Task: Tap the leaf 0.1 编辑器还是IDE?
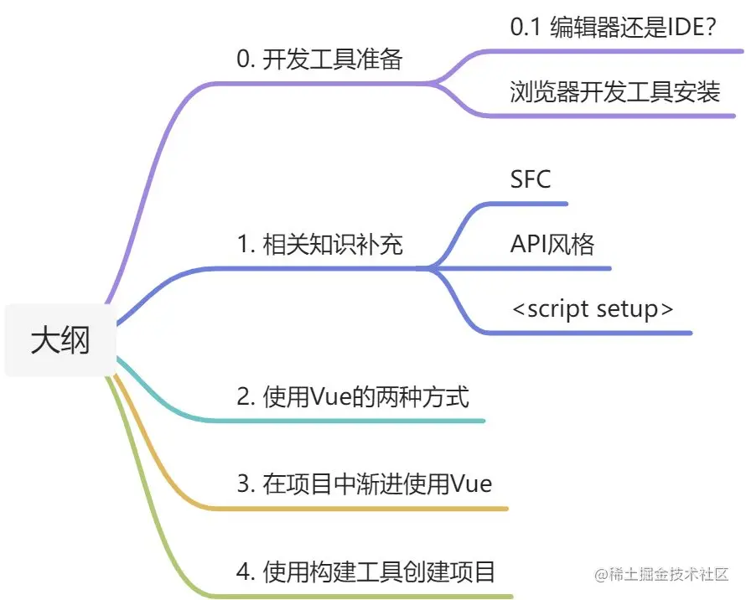click(613, 27)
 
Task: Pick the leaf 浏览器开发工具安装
click(614, 91)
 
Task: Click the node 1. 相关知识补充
click(319, 245)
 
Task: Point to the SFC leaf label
click(531, 178)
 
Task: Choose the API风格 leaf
click(552, 244)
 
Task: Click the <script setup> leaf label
click(592, 308)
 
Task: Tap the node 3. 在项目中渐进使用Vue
click(365, 484)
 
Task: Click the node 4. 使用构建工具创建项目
click(366, 572)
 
